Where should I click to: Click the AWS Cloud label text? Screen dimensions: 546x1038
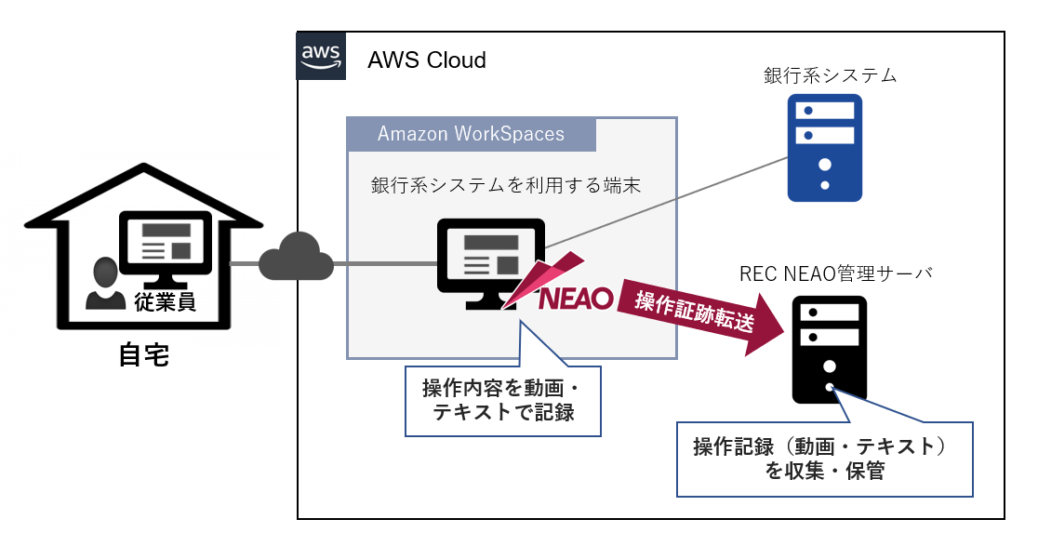427,60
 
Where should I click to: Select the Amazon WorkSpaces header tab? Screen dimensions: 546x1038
471,134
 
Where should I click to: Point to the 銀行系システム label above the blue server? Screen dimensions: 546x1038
830,75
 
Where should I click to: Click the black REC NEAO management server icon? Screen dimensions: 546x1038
830,349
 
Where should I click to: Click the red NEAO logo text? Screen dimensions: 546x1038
576,298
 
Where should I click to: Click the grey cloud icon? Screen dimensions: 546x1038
297,261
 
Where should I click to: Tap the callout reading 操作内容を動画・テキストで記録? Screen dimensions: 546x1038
503,401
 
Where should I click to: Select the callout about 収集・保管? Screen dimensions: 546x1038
824,459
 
